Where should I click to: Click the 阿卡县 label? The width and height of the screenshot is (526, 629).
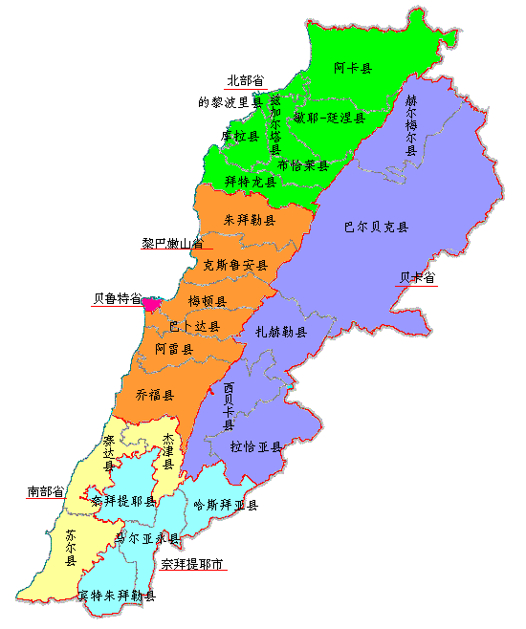(354, 68)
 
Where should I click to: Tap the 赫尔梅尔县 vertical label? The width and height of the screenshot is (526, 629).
(411, 131)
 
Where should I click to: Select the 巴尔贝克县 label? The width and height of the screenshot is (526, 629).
(376, 228)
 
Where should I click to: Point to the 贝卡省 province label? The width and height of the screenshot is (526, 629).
(417, 278)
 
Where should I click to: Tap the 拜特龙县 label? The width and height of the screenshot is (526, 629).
(250, 181)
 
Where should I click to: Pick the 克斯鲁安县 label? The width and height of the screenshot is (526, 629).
(235, 265)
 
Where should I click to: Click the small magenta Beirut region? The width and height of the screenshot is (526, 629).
(150, 304)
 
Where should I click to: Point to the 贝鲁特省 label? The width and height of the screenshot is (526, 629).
(117, 298)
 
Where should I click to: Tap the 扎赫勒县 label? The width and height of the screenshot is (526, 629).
(281, 332)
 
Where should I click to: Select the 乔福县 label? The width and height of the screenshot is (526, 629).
(155, 395)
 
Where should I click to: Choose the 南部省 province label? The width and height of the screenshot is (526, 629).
(46, 491)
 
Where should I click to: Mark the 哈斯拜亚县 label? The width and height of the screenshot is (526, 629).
(225, 505)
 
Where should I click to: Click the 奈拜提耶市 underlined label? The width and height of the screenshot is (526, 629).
(192, 564)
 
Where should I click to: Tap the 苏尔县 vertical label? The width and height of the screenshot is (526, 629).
(71, 549)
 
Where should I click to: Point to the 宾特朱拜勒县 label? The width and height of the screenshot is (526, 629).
(117, 596)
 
